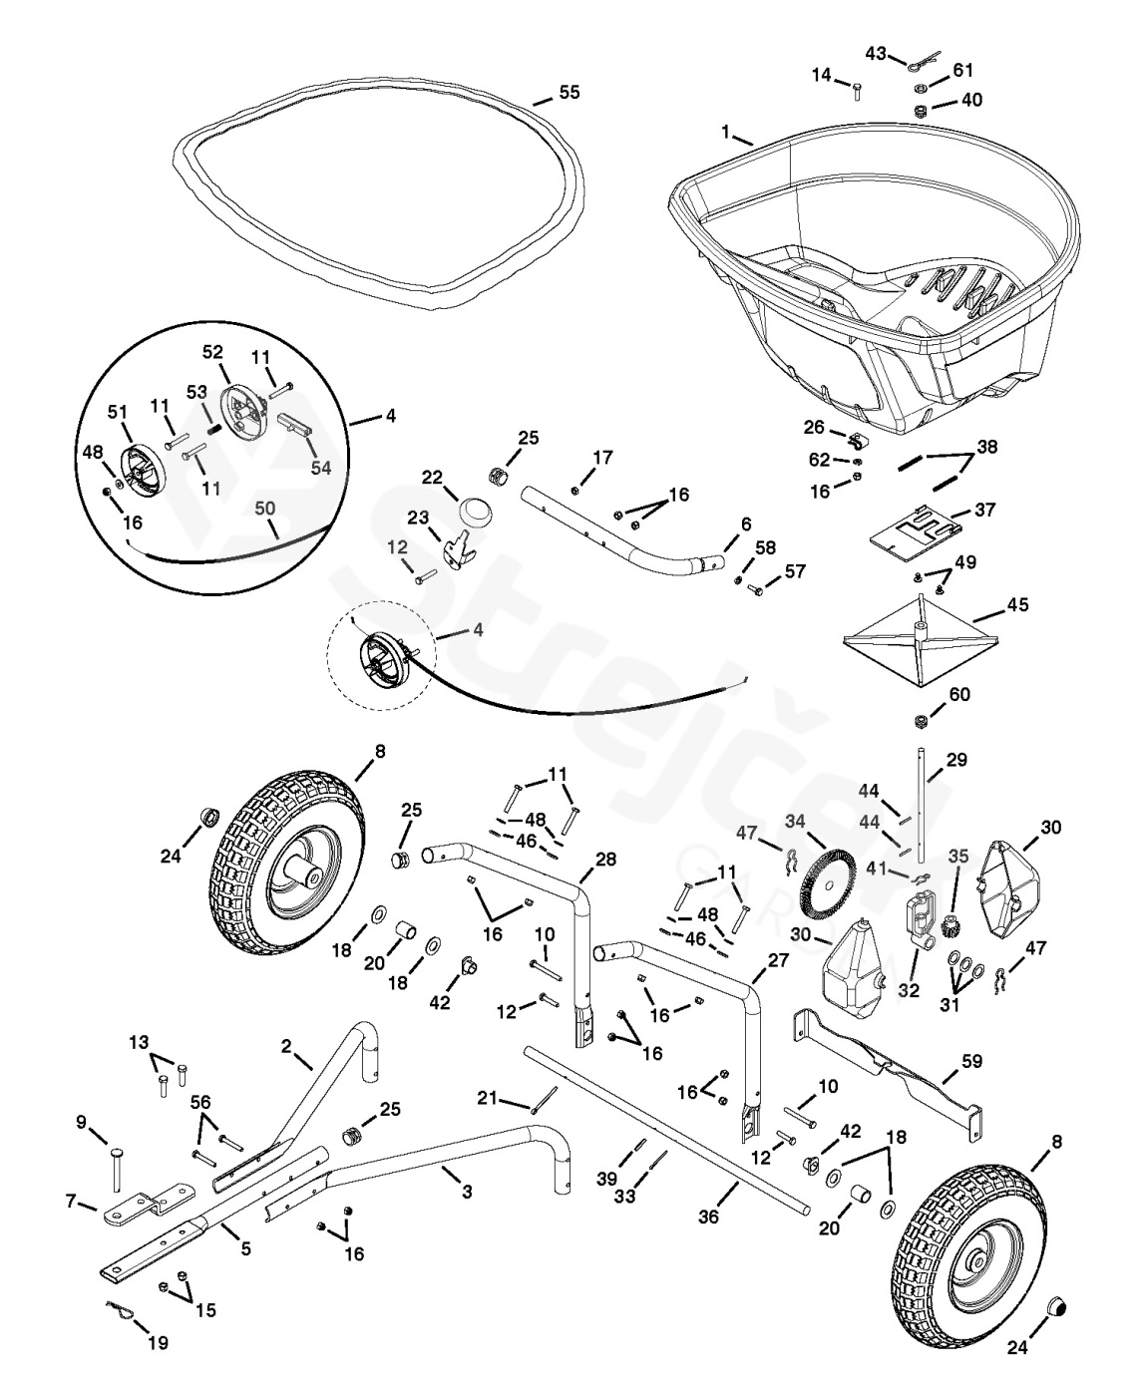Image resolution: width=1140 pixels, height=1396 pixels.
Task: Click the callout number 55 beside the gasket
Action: point(569,92)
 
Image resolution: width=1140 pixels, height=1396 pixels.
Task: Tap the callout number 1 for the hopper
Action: point(727,132)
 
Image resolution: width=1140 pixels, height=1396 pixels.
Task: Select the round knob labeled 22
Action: point(477,517)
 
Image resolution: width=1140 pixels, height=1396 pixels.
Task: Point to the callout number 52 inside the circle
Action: point(213,353)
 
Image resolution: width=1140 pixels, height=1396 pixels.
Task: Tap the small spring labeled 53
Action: point(212,423)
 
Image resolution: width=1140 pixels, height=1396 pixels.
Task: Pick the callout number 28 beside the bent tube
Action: point(605,859)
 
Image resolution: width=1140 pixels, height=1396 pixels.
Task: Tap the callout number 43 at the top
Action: point(876,52)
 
